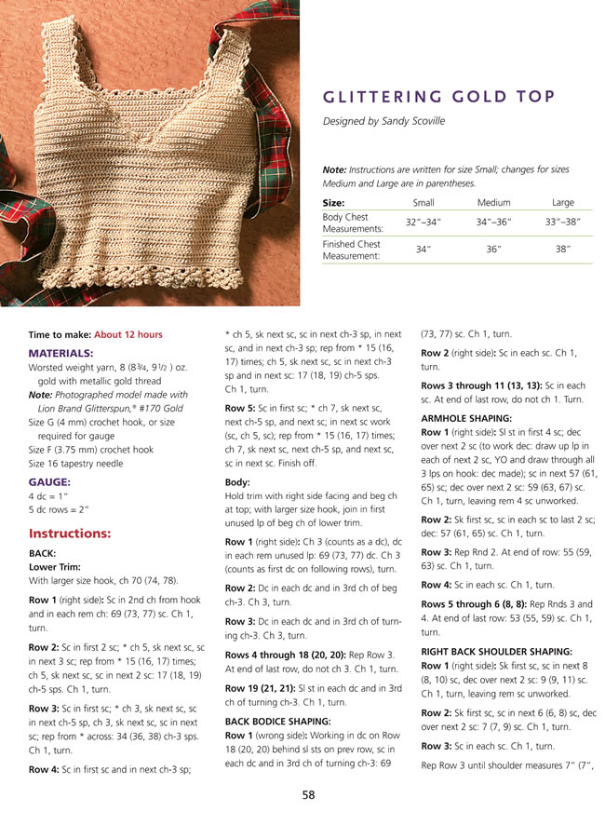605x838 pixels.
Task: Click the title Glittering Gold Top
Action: point(438,96)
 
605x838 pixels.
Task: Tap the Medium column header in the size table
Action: point(493,202)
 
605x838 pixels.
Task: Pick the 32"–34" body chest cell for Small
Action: point(423,223)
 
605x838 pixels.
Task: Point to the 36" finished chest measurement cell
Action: point(493,250)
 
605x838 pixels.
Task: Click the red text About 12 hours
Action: point(128,334)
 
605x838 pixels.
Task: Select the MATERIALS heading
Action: point(60,354)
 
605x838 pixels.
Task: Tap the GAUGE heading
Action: point(50,481)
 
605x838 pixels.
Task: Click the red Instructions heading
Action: point(70,534)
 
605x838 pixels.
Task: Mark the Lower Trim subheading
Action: point(53,565)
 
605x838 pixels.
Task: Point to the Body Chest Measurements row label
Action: point(352,223)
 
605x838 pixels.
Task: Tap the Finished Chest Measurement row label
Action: point(352,250)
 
